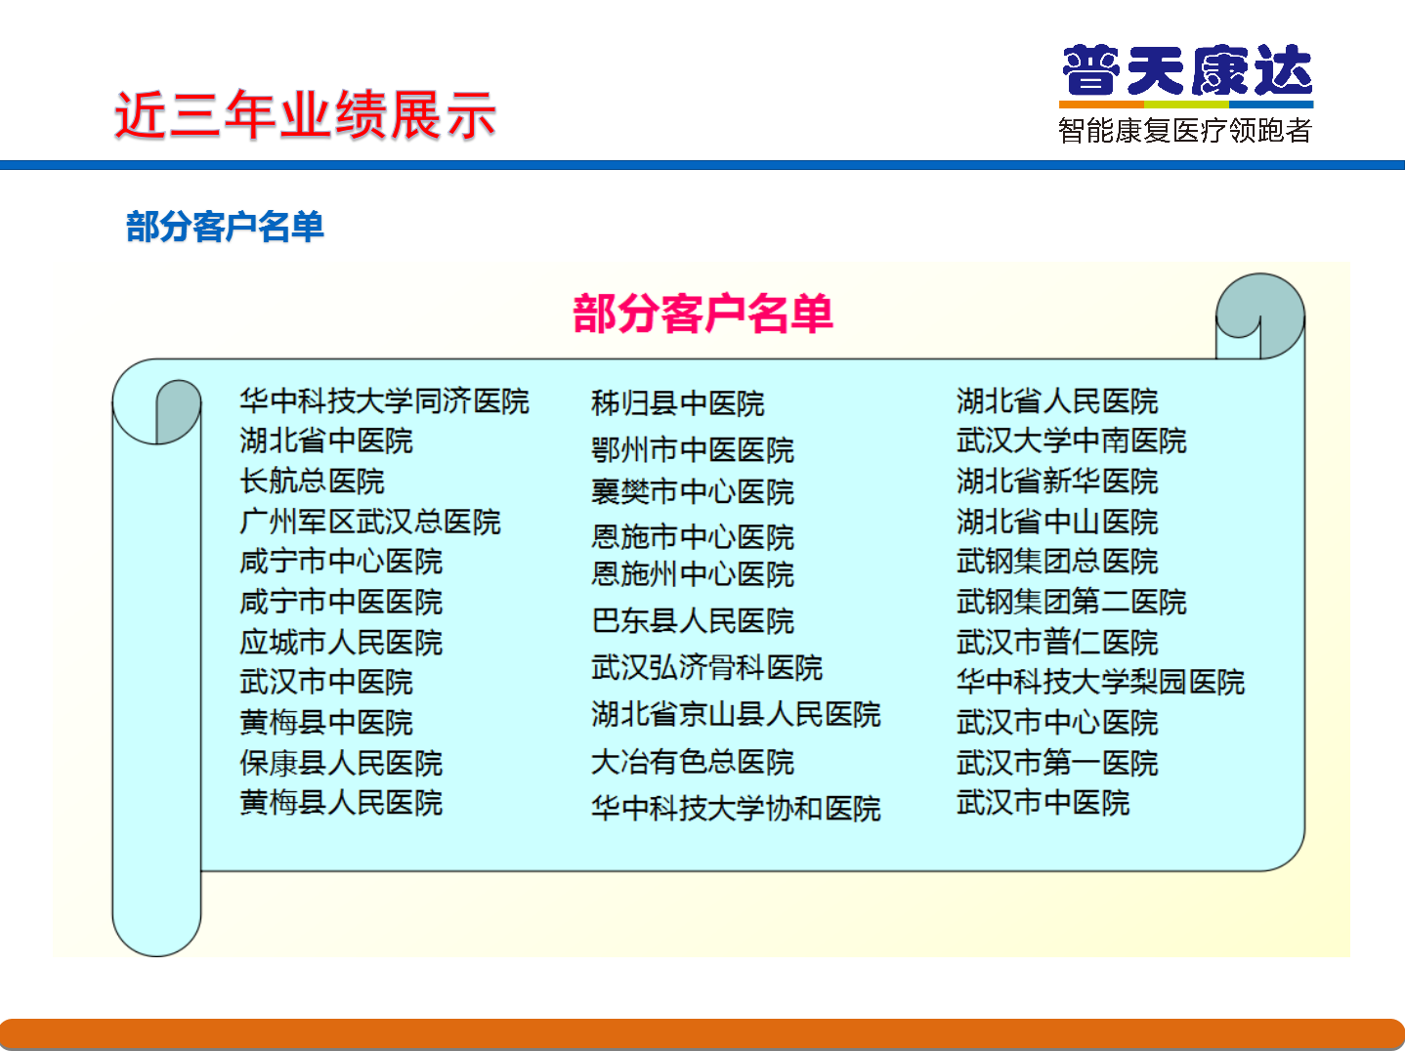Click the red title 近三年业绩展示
305,115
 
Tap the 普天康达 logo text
1187,69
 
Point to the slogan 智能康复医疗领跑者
1185,130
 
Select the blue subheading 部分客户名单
225,226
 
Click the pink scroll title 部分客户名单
702,314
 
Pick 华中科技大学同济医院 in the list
384,401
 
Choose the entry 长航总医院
312,481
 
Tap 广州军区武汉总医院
370,522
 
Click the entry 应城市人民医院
341,643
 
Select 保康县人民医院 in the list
341,763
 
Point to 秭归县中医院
677,403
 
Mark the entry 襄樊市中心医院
692,491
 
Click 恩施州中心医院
692,573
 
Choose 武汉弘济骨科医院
706,667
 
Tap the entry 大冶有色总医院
692,762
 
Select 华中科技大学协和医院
736,808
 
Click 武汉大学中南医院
1072,441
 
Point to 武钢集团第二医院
1072,602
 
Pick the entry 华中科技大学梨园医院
1100,682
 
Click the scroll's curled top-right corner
1259,315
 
